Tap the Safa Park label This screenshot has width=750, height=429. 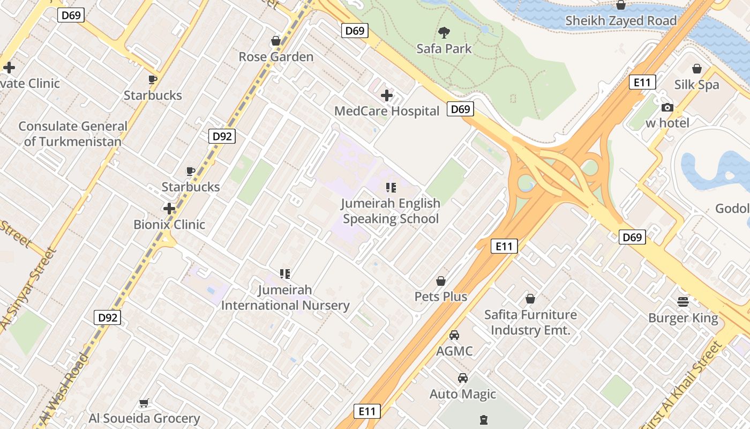pyautogui.click(x=444, y=49)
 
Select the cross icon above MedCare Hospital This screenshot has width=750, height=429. pyautogui.click(x=386, y=96)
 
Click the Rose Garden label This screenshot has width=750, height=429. pyautogui.click(x=276, y=57)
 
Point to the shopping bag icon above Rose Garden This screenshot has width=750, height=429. pyautogui.click(x=276, y=41)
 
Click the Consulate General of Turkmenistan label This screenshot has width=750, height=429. pyautogui.click(x=73, y=134)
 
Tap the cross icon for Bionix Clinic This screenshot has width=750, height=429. pyautogui.click(x=169, y=209)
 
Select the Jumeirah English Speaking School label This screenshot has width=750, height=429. pyautogui.click(x=391, y=211)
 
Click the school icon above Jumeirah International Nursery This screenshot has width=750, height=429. pyautogui.click(x=285, y=275)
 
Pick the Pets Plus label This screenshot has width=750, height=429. pyautogui.click(x=441, y=297)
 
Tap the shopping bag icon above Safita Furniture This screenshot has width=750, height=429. pyautogui.click(x=530, y=299)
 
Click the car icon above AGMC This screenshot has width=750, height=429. pyautogui.click(x=454, y=336)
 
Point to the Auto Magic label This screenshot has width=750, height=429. pyautogui.click(x=463, y=394)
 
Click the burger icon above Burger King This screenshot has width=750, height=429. pyautogui.click(x=683, y=302)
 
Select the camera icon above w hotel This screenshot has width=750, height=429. pyautogui.click(x=667, y=107)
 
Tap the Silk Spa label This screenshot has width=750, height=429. pyautogui.click(x=696, y=85)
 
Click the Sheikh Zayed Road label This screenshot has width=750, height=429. pyautogui.click(x=621, y=21)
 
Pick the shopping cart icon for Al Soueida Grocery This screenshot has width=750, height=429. pyautogui.click(x=144, y=403)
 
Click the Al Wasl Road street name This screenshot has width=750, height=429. pyautogui.click(x=63, y=388)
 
